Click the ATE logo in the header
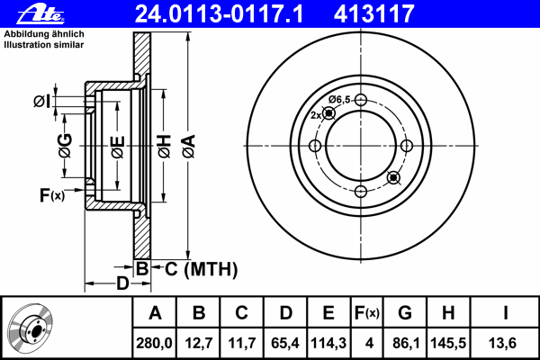40,14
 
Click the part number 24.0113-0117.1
219,13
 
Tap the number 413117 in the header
373,13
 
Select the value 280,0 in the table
154,343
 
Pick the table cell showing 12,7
199,343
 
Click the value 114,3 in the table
328,343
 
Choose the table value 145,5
448,343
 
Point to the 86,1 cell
406,343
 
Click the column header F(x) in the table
367,313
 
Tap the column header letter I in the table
505,313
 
